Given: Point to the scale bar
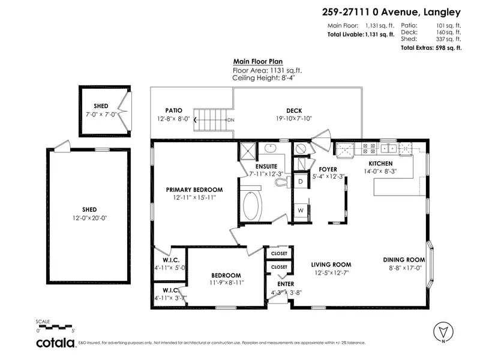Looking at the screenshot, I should point(55,328).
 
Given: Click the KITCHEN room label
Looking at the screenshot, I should point(380,163).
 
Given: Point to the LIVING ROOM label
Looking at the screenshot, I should point(331,264).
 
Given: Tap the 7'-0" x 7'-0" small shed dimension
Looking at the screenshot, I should point(101,113).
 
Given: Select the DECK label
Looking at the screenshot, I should point(294,110).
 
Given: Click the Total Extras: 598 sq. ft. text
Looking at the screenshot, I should point(431,47).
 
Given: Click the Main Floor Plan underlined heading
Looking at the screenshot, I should point(258,61).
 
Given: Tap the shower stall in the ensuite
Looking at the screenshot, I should point(248,150).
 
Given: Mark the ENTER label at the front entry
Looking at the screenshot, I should point(285,284).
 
